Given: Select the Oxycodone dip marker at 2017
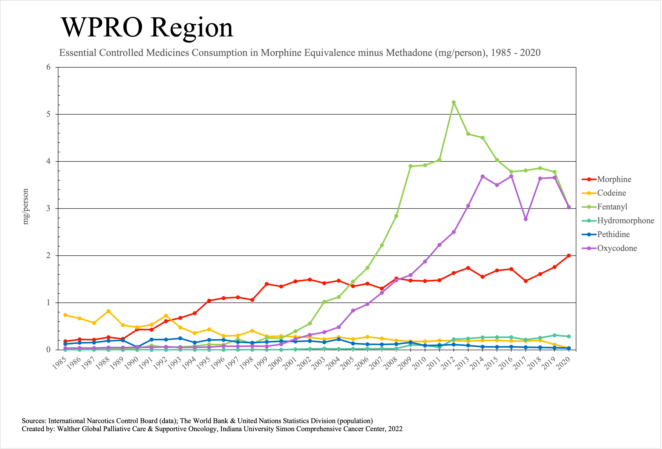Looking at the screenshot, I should click(526, 219).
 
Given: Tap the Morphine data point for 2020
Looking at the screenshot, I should click(569, 256).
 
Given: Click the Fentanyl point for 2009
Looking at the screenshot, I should click(410, 166).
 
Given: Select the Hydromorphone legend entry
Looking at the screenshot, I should click(625, 221).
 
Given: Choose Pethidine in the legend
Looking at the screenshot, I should click(613, 234).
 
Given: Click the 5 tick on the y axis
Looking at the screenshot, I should click(48, 114).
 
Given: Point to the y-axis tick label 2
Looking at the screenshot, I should click(48, 255).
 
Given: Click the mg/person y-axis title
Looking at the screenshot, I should click(26, 207).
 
